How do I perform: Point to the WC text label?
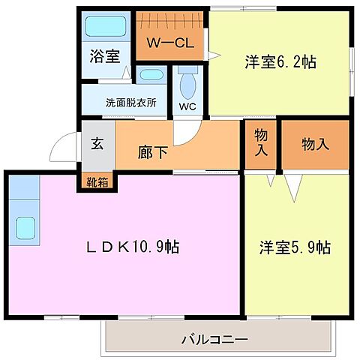point(187,106)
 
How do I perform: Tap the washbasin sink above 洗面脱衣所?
point(150,75)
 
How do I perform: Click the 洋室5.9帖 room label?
point(295,247)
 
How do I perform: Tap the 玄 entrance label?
point(97,145)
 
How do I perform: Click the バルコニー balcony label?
point(215,340)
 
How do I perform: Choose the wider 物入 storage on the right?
point(315,144)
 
